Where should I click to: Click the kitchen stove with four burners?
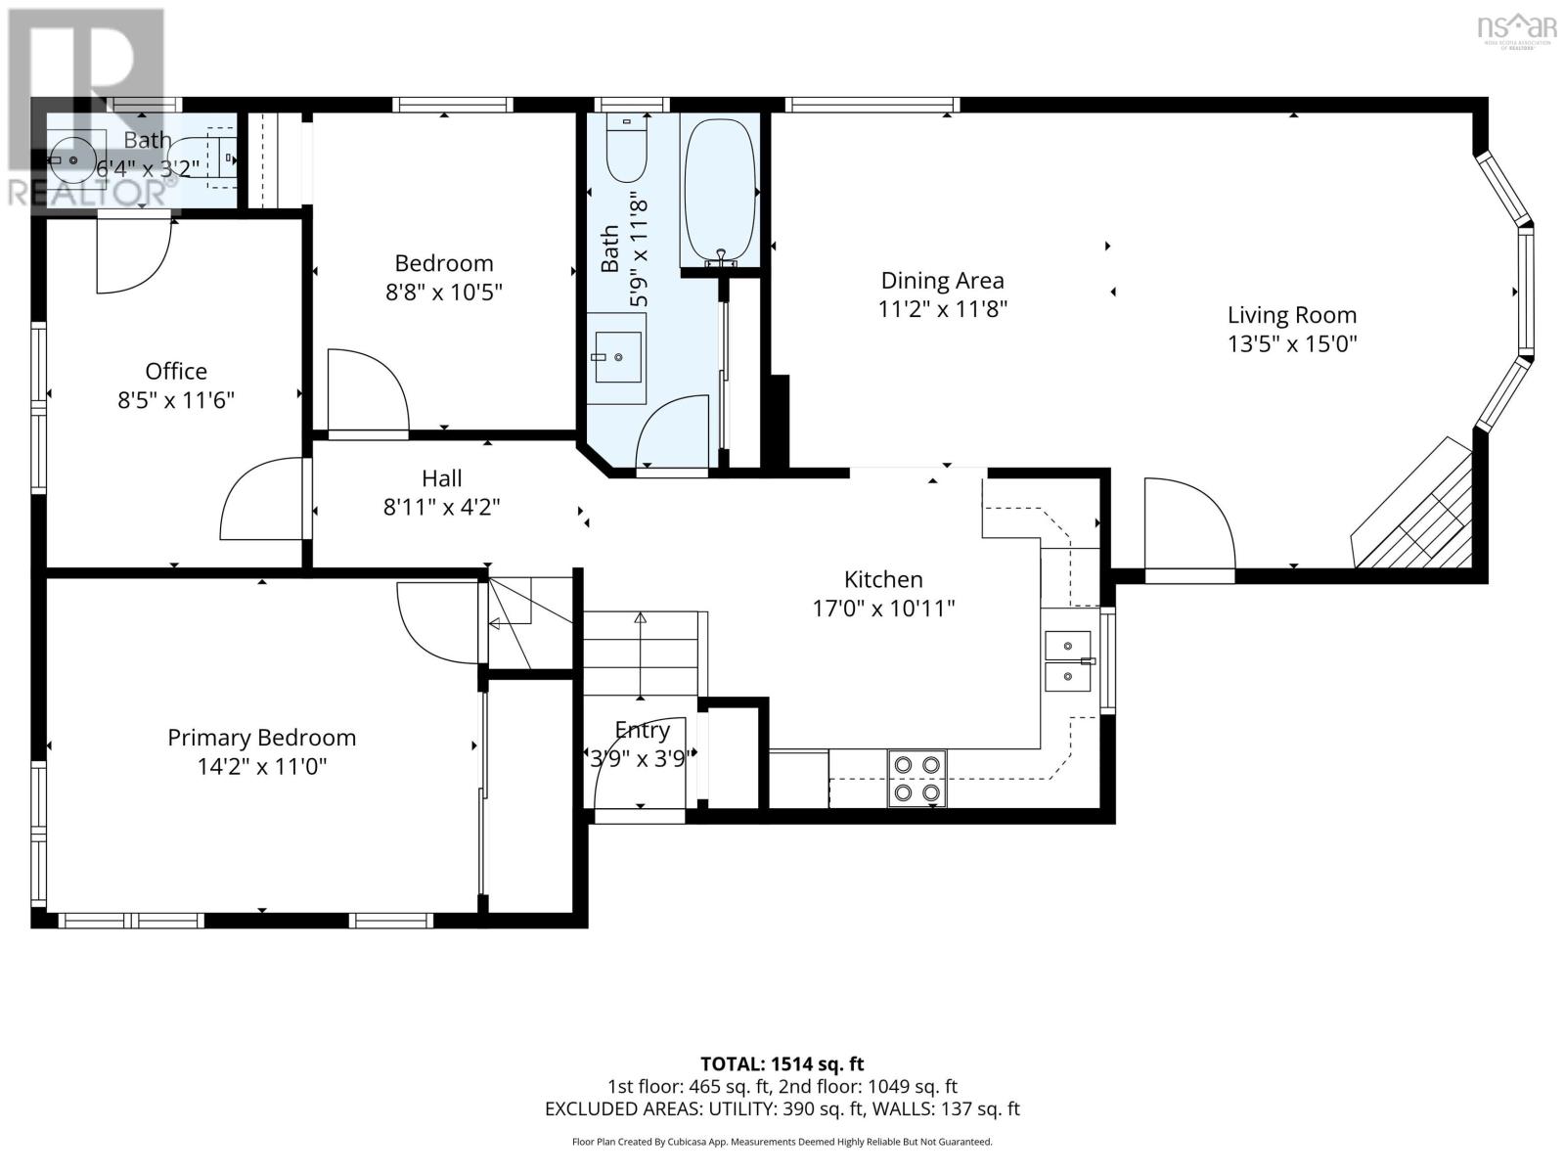click(x=917, y=778)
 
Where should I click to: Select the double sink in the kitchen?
click(x=1067, y=660)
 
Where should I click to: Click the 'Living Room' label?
click(x=1291, y=315)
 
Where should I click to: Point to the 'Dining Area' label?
click(x=942, y=281)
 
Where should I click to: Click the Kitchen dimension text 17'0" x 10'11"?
click(x=883, y=609)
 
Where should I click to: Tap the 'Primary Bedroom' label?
click(x=261, y=738)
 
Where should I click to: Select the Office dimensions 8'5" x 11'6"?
click(x=176, y=400)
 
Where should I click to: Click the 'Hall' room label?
click(x=441, y=478)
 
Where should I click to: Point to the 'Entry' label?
click(x=642, y=730)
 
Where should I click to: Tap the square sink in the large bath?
click(x=617, y=357)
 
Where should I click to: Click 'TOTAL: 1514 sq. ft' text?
click(x=782, y=1063)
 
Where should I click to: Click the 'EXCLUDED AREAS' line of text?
click(x=782, y=1108)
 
